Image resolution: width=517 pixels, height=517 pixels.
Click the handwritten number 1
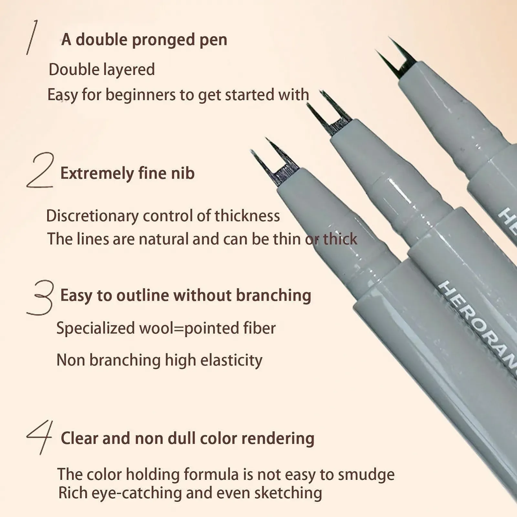coord(32,37)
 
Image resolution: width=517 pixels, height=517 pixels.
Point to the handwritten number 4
coord(39,437)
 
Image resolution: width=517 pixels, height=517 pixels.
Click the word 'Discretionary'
coord(92,216)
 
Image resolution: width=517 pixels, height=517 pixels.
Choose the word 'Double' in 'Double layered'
coord(74,70)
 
